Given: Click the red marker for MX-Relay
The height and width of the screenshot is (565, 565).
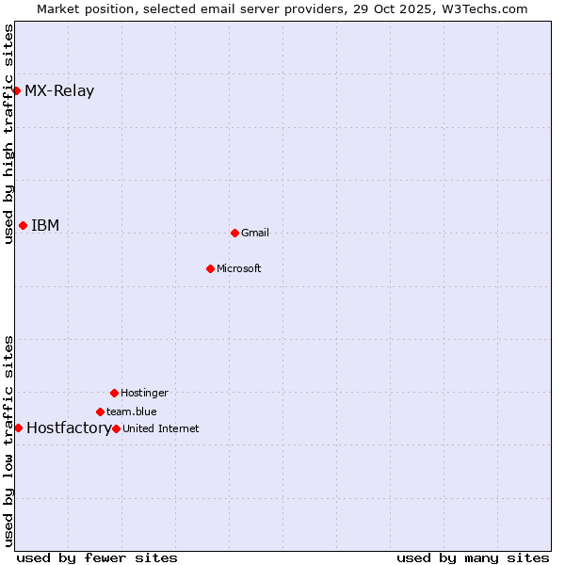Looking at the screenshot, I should point(17,90).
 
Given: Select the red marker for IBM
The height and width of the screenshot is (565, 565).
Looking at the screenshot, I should point(23,225).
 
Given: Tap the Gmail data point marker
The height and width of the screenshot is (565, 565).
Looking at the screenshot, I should point(234,233).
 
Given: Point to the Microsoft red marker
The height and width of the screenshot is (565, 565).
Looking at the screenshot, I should point(210,268).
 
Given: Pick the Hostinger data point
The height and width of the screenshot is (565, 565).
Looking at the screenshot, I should point(114,393).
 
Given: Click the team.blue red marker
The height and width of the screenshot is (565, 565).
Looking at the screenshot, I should point(100,412).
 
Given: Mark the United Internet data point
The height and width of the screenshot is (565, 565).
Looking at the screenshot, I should point(116,428).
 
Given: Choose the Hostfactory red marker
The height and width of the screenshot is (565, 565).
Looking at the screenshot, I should point(18,428).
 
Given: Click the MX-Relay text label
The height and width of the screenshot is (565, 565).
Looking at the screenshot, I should point(59,91).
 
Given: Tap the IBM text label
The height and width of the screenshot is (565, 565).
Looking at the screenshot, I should point(45,226).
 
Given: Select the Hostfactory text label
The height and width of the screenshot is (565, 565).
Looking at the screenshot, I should point(68,428).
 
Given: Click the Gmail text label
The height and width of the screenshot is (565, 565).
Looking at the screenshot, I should point(255,234).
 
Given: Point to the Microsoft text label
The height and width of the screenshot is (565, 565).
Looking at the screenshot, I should point(239,269).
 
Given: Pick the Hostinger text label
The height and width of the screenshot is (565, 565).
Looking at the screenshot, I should point(144,394).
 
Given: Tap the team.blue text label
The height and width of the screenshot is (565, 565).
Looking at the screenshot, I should point(132,412).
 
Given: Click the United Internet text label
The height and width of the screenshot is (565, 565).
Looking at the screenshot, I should point(161,429).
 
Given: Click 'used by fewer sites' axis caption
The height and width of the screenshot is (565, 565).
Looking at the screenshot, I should point(97,557).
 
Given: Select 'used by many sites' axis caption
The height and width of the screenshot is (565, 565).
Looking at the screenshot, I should point(473,557).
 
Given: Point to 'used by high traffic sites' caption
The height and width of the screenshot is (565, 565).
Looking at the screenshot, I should point(8,134).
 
